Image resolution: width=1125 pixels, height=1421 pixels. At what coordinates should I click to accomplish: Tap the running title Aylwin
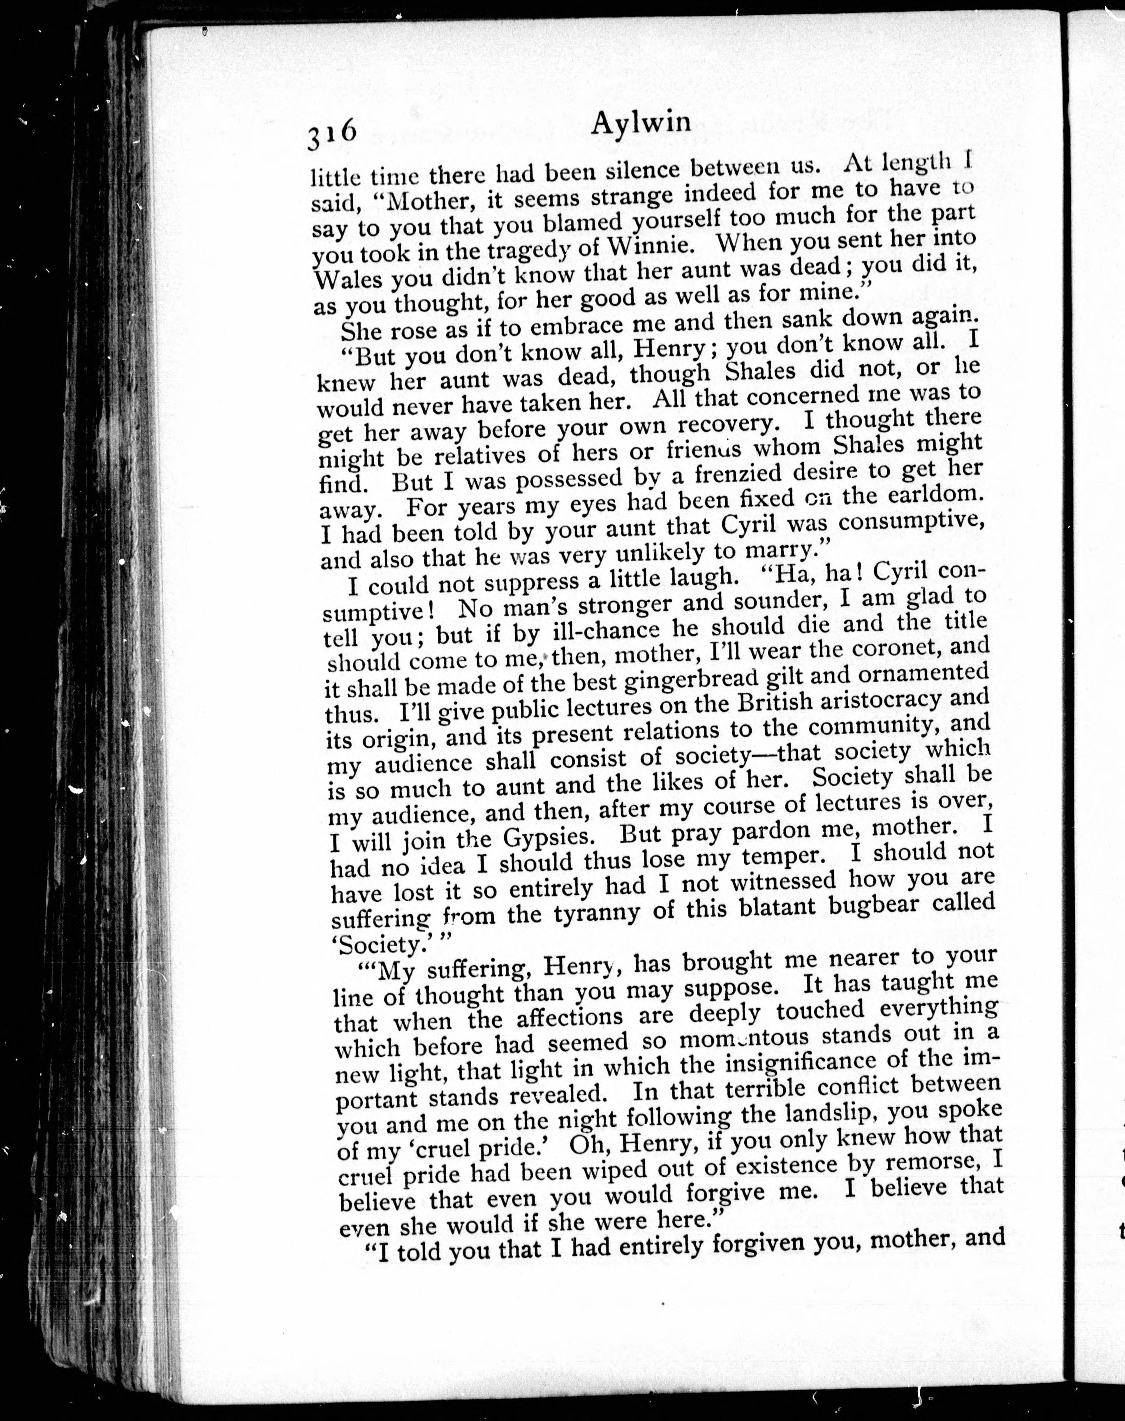(641, 123)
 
